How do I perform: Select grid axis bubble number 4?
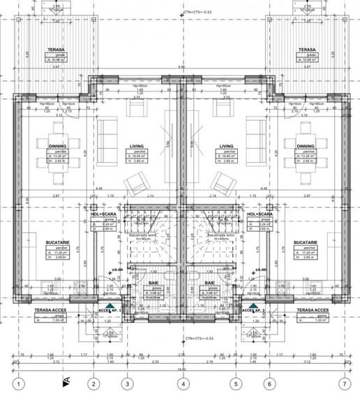tap(182, 383)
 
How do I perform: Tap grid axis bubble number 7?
tap(343, 383)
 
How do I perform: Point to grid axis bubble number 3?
tap(127, 383)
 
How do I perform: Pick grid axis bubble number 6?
tap(269, 383)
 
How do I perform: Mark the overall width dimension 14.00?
tap(182, 369)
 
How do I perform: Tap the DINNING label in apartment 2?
tap(306, 147)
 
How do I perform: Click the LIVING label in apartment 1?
tap(137, 147)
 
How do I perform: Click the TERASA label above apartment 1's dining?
tap(57, 50)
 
